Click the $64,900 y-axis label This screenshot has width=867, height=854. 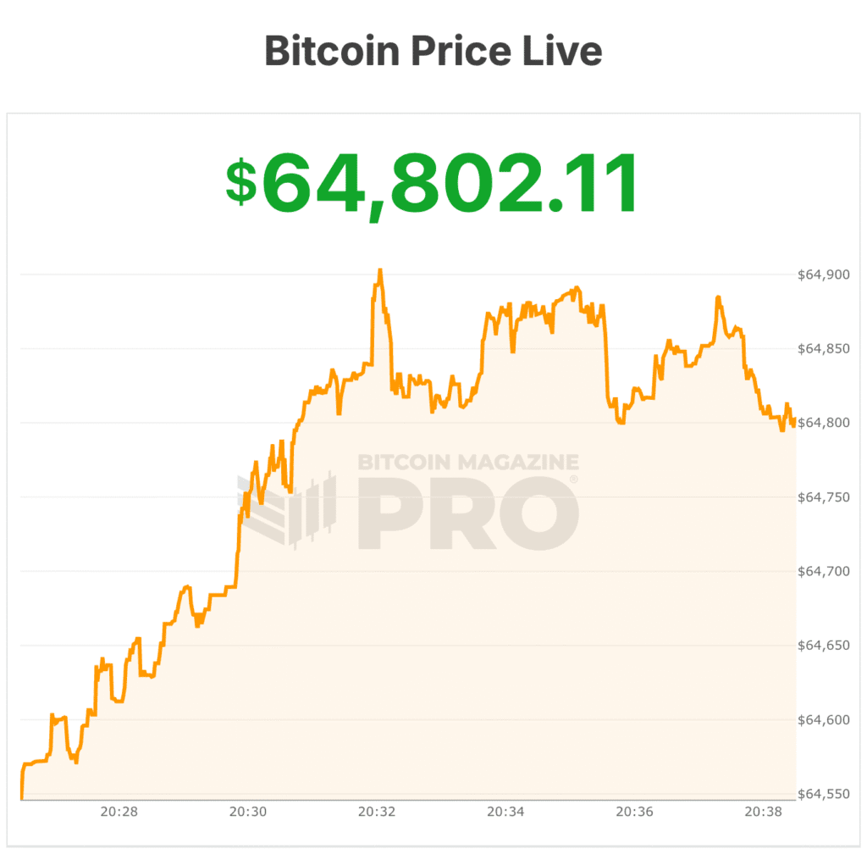(x=824, y=274)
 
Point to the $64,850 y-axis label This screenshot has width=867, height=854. (x=824, y=348)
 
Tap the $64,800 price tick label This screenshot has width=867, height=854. (x=824, y=423)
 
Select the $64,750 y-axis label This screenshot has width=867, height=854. (x=824, y=497)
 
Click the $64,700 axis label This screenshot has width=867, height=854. (x=824, y=572)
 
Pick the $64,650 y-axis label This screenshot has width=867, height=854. (x=824, y=646)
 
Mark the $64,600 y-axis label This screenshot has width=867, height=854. (x=824, y=720)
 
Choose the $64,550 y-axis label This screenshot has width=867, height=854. (x=824, y=795)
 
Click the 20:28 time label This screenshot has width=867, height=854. (x=119, y=812)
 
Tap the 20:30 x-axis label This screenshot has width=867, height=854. (x=247, y=812)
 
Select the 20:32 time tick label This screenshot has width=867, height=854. (x=377, y=812)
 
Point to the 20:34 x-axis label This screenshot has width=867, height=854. (x=505, y=812)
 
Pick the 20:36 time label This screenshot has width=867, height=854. (x=634, y=812)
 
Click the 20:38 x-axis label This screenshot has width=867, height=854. (x=763, y=812)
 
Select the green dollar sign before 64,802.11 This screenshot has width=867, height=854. (x=241, y=182)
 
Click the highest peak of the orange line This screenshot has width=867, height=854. (x=380, y=270)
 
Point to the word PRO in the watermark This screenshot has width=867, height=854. (x=468, y=513)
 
